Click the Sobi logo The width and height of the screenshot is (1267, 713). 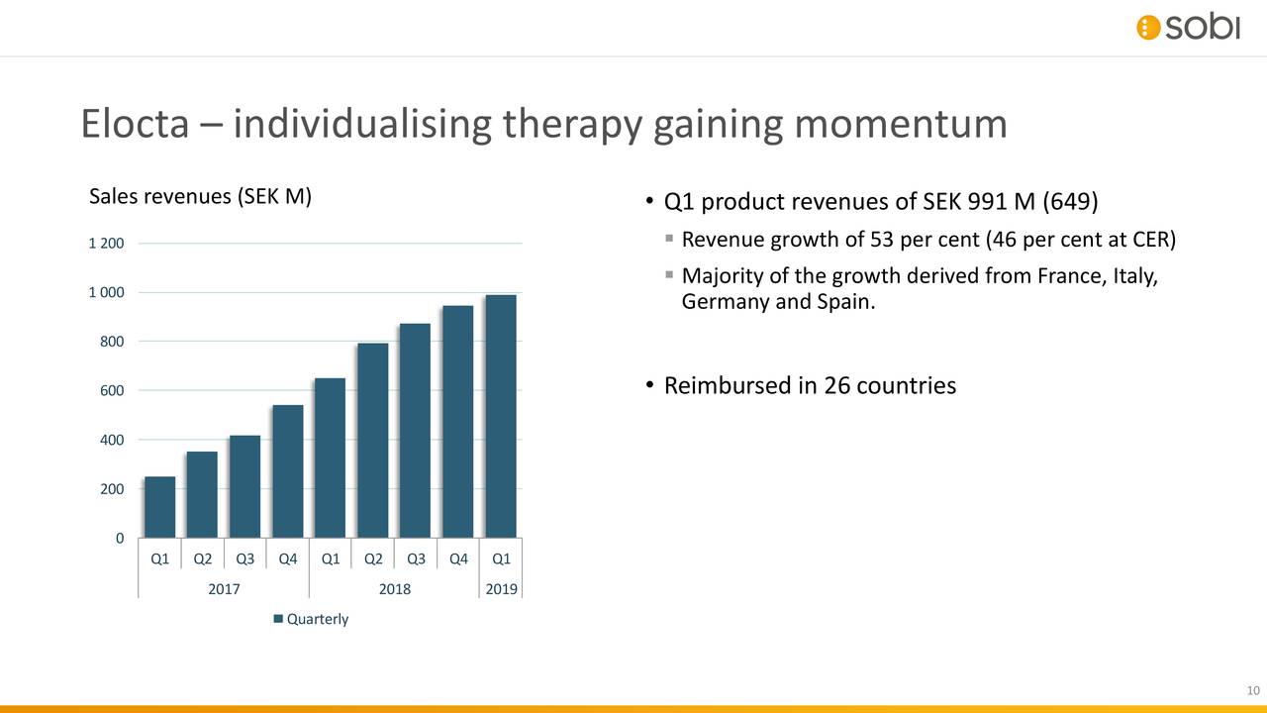1187,28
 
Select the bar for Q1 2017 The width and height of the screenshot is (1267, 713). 159,507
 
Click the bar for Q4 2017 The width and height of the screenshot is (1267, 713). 288,471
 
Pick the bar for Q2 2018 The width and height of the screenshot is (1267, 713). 373,441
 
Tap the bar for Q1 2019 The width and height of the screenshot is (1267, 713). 501,416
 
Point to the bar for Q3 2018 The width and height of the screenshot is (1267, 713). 416,431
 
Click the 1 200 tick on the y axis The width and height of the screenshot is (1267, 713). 107,244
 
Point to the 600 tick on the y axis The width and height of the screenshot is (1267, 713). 111,391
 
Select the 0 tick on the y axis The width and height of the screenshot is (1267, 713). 119,539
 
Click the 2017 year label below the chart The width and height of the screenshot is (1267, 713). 224,589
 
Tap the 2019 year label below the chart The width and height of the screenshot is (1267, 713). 501,589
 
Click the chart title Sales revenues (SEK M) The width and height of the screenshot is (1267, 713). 201,196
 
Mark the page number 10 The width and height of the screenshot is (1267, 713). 1251,690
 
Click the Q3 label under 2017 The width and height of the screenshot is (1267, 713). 245,559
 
